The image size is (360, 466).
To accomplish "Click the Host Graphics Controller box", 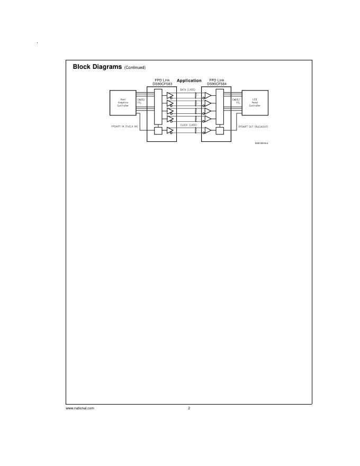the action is point(123,103).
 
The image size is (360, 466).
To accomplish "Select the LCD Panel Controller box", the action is point(255,103).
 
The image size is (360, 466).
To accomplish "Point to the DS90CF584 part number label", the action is point(217,84).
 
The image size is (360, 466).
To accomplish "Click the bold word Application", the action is point(189,80).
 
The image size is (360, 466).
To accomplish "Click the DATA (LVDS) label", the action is point(188,90).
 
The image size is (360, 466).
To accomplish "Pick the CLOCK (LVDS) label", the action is point(188,125).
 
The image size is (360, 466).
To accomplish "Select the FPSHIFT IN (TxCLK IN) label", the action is point(124,127).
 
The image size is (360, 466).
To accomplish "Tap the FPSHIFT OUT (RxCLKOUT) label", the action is point(253,127).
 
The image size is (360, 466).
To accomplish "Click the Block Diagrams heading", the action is point(97,67).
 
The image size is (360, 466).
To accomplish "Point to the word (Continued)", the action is point(135,68).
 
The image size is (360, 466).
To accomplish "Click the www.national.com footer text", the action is point(80,408).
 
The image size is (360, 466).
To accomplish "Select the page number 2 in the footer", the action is point(189,408).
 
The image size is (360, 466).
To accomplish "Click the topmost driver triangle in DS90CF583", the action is point(170,96).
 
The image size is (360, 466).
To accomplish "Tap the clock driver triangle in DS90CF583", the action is point(170,131).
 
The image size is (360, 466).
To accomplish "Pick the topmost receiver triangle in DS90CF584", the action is point(208,96).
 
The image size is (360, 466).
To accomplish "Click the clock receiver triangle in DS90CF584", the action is point(208,131).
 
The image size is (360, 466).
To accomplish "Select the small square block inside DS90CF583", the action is point(158,131).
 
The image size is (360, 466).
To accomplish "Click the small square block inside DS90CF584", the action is point(220,131).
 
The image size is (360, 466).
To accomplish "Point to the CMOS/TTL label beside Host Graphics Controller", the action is point(140,101).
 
